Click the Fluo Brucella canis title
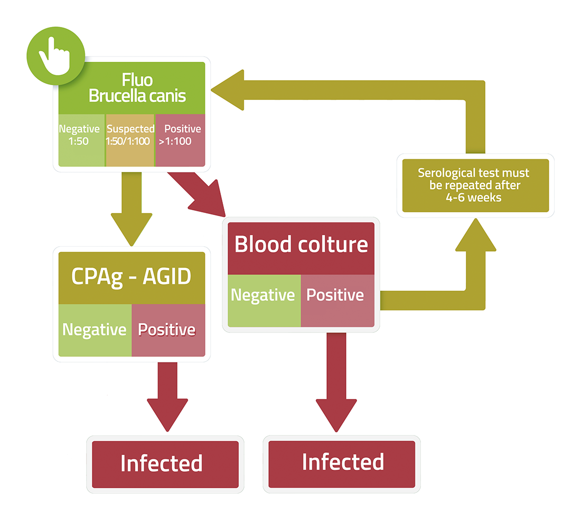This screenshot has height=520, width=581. pyautogui.click(x=137, y=88)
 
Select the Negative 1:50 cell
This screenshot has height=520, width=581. pyautogui.click(x=82, y=140)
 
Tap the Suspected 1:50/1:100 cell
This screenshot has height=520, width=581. pyautogui.click(x=130, y=140)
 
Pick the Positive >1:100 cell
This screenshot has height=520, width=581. pyautogui.click(x=180, y=140)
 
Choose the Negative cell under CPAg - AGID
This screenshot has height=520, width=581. pyautogui.click(x=95, y=330)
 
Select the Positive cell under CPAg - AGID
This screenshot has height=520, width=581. pyautogui.click(x=168, y=330)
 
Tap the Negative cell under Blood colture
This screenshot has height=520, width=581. pyautogui.click(x=264, y=301)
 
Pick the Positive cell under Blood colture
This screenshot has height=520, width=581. pyautogui.click(x=338, y=301)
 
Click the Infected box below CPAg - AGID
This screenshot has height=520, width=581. pyautogui.click(x=165, y=465)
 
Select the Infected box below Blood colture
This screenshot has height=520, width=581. pyautogui.click(x=342, y=464)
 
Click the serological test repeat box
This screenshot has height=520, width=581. pyautogui.click(x=475, y=185)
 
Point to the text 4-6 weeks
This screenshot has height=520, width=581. pyautogui.click(x=474, y=198)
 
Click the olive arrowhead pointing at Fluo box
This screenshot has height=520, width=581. pyautogui.click(x=227, y=90)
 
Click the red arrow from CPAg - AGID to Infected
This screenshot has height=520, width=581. pyautogui.click(x=167, y=396)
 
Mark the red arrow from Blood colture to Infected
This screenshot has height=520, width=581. pyautogui.click(x=336, y=382)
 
